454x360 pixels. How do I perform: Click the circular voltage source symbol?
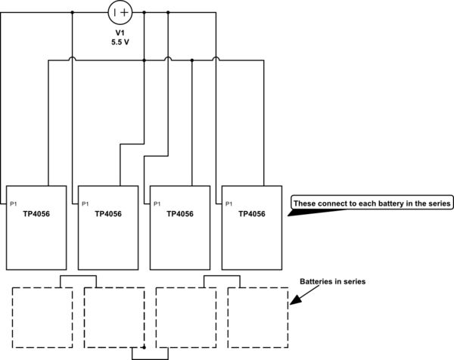point(120,12)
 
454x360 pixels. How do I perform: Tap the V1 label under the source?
point(120,33)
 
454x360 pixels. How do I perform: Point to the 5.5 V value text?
point(120,43)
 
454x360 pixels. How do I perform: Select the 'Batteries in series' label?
point(333,281)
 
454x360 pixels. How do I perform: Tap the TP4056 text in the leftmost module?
point(37,214)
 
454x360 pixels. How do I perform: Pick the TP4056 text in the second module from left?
point(108,214)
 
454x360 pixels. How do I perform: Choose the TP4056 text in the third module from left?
point(180,214)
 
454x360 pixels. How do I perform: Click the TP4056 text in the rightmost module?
point(251,214)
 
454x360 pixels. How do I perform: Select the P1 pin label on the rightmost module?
point(229,203)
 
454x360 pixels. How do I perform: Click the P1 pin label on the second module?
point(85,203)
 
